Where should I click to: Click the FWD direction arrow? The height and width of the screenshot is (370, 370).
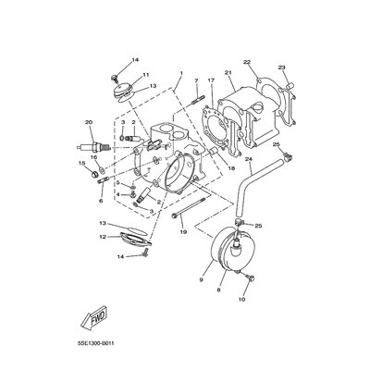coord(94,316)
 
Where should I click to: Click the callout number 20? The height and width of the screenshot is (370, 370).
coord(89,122)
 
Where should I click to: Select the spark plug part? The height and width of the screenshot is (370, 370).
coord(92,147)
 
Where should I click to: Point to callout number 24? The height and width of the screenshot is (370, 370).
coord(249,159)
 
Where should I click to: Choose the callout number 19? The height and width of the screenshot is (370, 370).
coord(183,231)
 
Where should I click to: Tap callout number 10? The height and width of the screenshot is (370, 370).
coord(241,299)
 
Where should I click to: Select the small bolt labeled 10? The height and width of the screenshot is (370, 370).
coord(250,278)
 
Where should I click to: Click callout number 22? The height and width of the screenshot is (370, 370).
coord(247,62)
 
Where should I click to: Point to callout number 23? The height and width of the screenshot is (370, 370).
coord(281,68)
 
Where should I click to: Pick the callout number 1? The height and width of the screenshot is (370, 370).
coord(181,73)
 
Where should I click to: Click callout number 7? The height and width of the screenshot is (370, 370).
coord(196,80)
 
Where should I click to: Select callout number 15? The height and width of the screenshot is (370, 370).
coord(81,163)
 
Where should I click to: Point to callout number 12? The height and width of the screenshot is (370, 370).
coord(103,237)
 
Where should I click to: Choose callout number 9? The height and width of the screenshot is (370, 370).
coord(201,280)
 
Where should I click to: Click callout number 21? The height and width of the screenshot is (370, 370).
coord(228,73)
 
